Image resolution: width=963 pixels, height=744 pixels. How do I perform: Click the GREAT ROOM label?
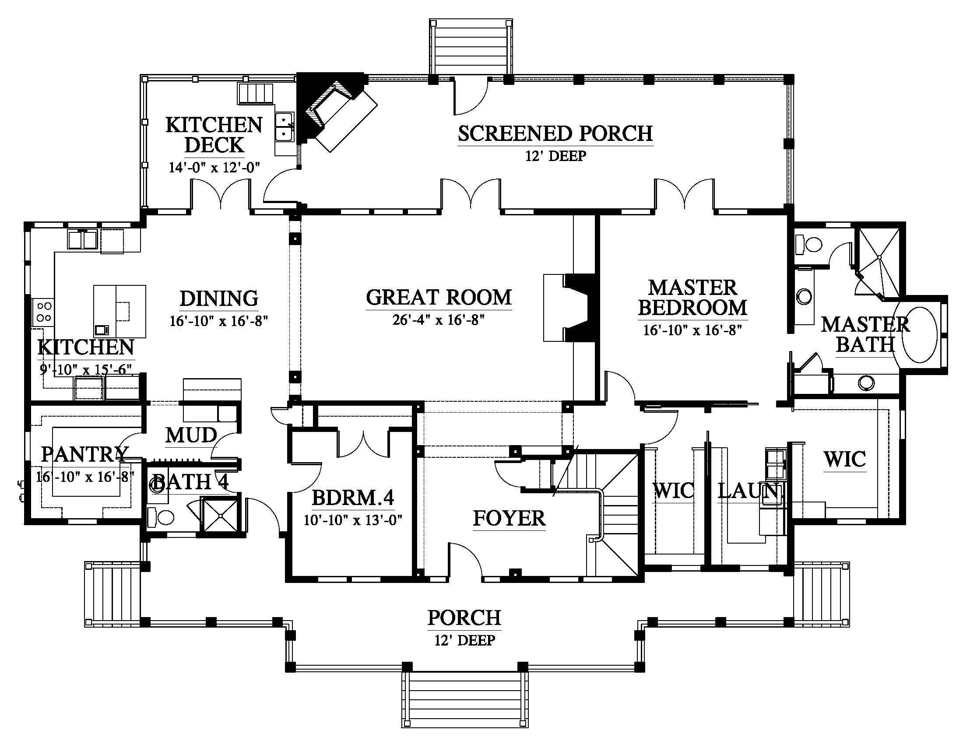(x=439, y=298)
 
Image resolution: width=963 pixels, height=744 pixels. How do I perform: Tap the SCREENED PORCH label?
(x=555, y=133)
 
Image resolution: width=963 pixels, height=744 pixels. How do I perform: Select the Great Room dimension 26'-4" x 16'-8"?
(x=439, y=320)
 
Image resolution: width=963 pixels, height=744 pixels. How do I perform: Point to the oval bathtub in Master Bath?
(x=920, y=334)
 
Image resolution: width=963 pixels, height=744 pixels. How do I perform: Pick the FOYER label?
(x=509, y=518)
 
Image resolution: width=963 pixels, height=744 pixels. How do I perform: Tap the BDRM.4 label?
(x=353, y=498)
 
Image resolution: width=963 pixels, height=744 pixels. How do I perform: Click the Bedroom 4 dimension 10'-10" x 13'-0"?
(x=353, y=520)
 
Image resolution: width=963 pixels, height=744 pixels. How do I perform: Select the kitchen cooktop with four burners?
(x=43, y=311)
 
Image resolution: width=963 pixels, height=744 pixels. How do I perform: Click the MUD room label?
(x=191, y=435)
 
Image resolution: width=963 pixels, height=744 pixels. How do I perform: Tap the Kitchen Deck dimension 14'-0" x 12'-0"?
(x=214, y=168)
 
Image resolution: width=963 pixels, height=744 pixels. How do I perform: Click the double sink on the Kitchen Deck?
(x=285, y=126)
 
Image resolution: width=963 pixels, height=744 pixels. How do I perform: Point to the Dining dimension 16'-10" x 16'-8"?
(x=219, y=321)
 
